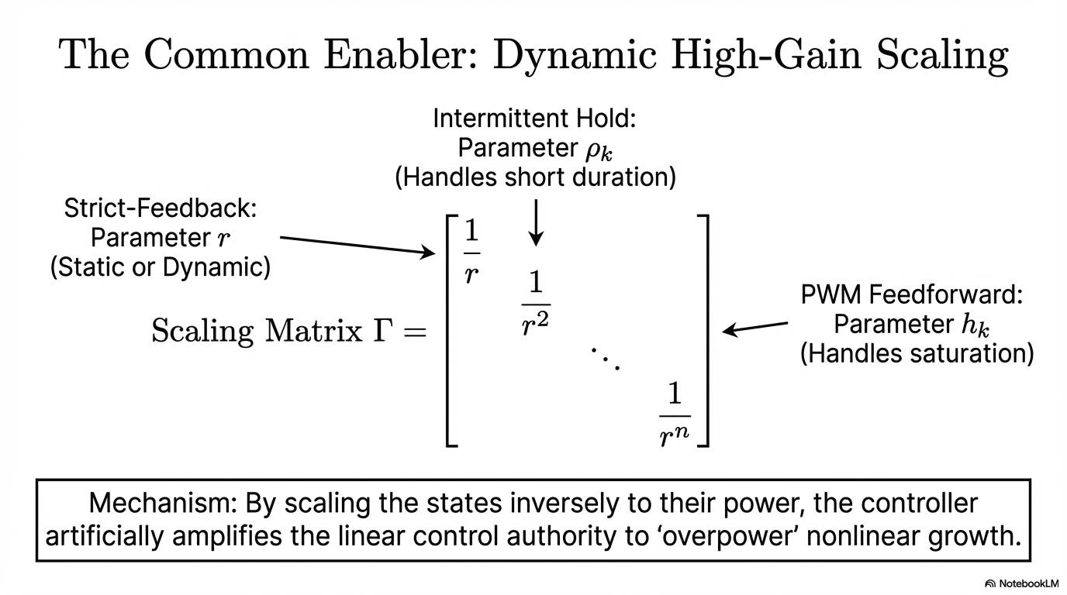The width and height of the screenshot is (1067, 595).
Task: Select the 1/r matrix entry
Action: click(x=471, y=253)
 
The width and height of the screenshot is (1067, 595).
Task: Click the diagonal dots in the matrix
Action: click(x=605, y=359)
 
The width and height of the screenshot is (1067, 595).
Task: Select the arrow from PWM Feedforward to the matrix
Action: click(x=756, y=327)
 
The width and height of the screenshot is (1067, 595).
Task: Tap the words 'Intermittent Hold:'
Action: click(x=535, y=119)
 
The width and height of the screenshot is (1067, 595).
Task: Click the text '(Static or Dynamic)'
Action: click(x=161, y=267)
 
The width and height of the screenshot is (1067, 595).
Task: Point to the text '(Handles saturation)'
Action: click(x=917, y=353)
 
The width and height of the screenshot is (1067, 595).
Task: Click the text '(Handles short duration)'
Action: click(x=535, y=177)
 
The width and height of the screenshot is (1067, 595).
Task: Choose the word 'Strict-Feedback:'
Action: click(x=161, y=208)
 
